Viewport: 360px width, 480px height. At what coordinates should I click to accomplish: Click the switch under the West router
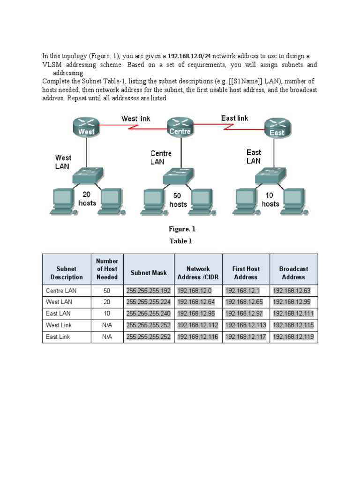coord(86,176)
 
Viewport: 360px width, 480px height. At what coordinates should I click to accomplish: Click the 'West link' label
coord(136,119)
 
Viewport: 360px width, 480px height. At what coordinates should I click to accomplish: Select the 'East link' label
coord(235,118)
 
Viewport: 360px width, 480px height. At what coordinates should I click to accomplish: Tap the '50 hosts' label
coord(178,200)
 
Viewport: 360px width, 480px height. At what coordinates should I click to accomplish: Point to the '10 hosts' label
coord(270,199)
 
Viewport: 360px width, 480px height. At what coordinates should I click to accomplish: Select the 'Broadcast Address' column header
coord(293,273)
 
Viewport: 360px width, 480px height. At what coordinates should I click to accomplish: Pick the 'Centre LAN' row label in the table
coord(60,291)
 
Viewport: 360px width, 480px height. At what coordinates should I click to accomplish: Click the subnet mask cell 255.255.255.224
coord(149,302)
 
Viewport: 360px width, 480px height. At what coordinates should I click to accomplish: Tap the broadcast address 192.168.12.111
coord(293,314)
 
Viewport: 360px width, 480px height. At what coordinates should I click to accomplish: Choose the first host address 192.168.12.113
coord(246,325)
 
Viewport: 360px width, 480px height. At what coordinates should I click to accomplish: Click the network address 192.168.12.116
coord(198,337)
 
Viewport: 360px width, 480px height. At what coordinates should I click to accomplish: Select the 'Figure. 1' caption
coord(182,229)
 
